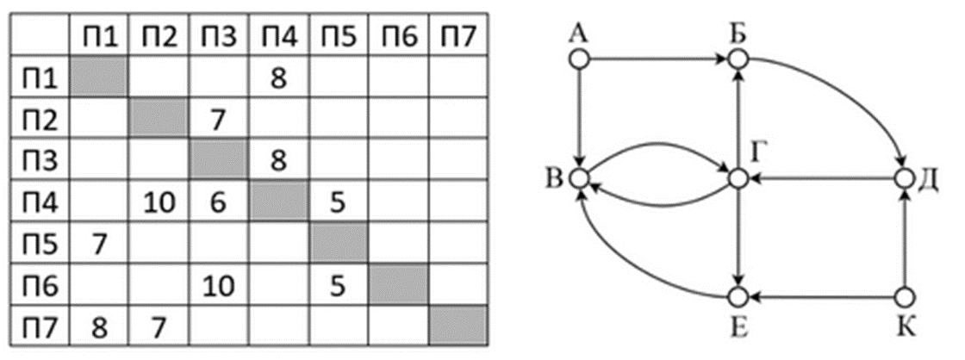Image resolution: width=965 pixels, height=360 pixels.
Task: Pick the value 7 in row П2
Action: tap(217, 117)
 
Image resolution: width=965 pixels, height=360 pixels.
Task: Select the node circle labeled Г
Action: tap(738, 179)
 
